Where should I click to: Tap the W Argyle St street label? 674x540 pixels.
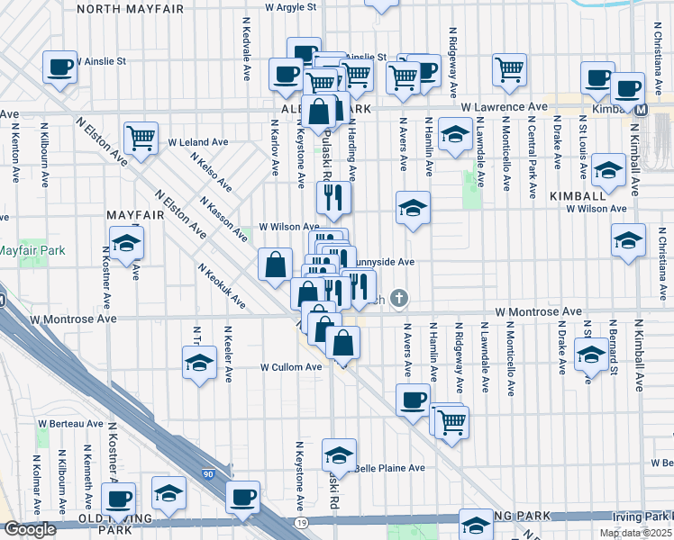pos(291,6)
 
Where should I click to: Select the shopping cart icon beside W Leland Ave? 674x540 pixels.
pos(141,139)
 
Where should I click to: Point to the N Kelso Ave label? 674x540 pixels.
pos(211,171)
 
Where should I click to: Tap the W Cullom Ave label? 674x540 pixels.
pos(291,367)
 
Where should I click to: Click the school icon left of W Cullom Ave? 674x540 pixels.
pos(199,364)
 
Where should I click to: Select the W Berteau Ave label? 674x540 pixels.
pos(70,423)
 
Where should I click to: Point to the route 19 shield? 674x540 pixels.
pos(301,522)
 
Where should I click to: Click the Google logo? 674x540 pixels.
pos(29,529)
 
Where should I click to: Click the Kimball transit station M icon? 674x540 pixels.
pos(642,110)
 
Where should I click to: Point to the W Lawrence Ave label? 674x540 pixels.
pos(504,107)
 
